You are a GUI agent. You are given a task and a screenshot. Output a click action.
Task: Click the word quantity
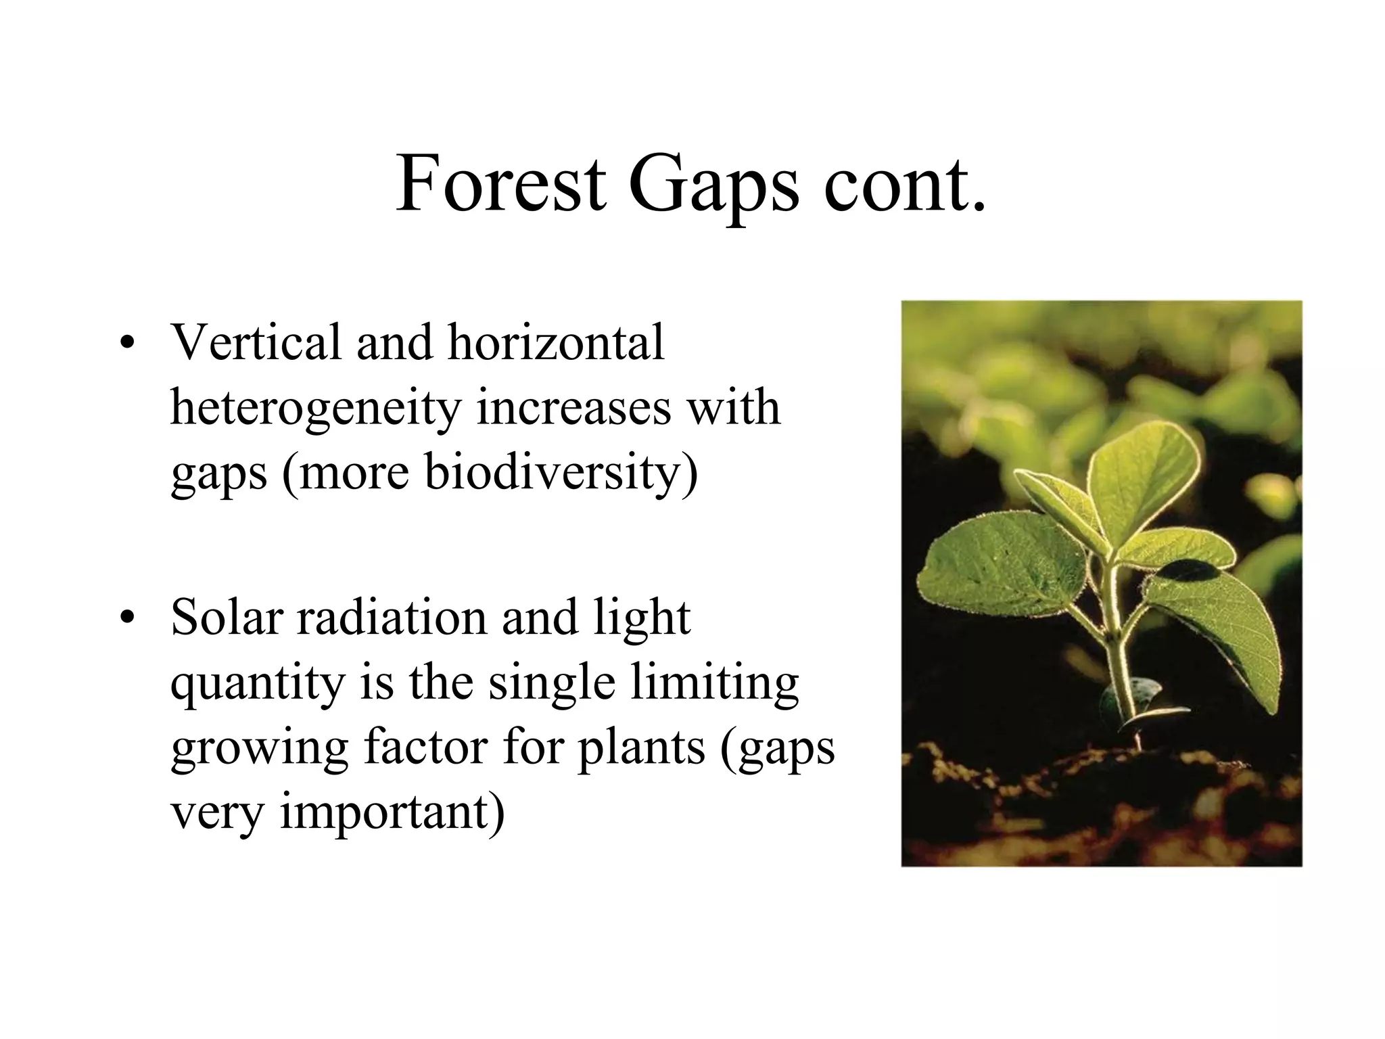click(258, 683)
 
